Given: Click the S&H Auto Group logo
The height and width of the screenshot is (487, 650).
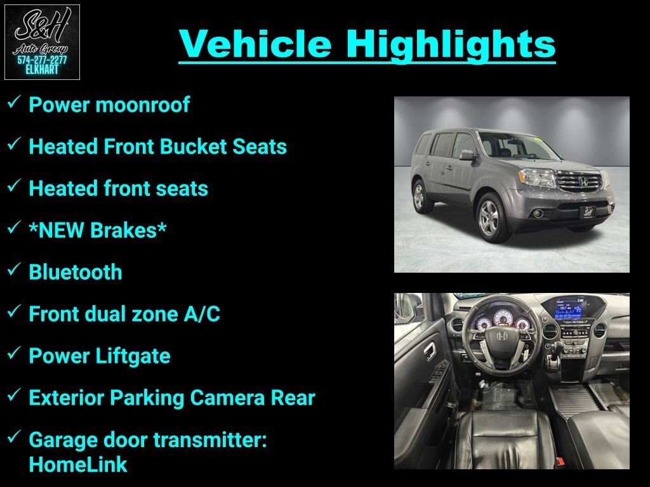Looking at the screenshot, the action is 42,42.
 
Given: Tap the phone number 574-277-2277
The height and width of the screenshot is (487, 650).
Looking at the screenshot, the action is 42,60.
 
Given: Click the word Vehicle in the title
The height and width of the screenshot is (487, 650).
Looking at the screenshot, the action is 255,44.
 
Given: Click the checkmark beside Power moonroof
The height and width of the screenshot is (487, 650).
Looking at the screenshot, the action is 14,101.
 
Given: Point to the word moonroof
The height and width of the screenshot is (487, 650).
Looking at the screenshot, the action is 143,105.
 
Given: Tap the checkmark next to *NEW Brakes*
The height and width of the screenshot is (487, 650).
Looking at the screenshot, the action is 14,227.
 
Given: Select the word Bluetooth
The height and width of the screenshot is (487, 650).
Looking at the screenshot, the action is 76,272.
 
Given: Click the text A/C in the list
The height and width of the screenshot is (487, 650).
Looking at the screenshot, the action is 202,314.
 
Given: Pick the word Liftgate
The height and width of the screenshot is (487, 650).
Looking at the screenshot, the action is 133,356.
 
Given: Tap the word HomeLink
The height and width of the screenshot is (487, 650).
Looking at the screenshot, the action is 78,464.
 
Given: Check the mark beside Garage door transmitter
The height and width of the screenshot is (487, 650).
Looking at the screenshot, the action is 14,436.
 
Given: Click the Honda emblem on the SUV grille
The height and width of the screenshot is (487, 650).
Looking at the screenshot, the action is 583,181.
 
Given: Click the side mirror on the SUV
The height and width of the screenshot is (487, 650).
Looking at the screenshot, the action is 467,155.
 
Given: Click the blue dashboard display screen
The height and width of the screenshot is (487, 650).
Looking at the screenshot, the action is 568,309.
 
